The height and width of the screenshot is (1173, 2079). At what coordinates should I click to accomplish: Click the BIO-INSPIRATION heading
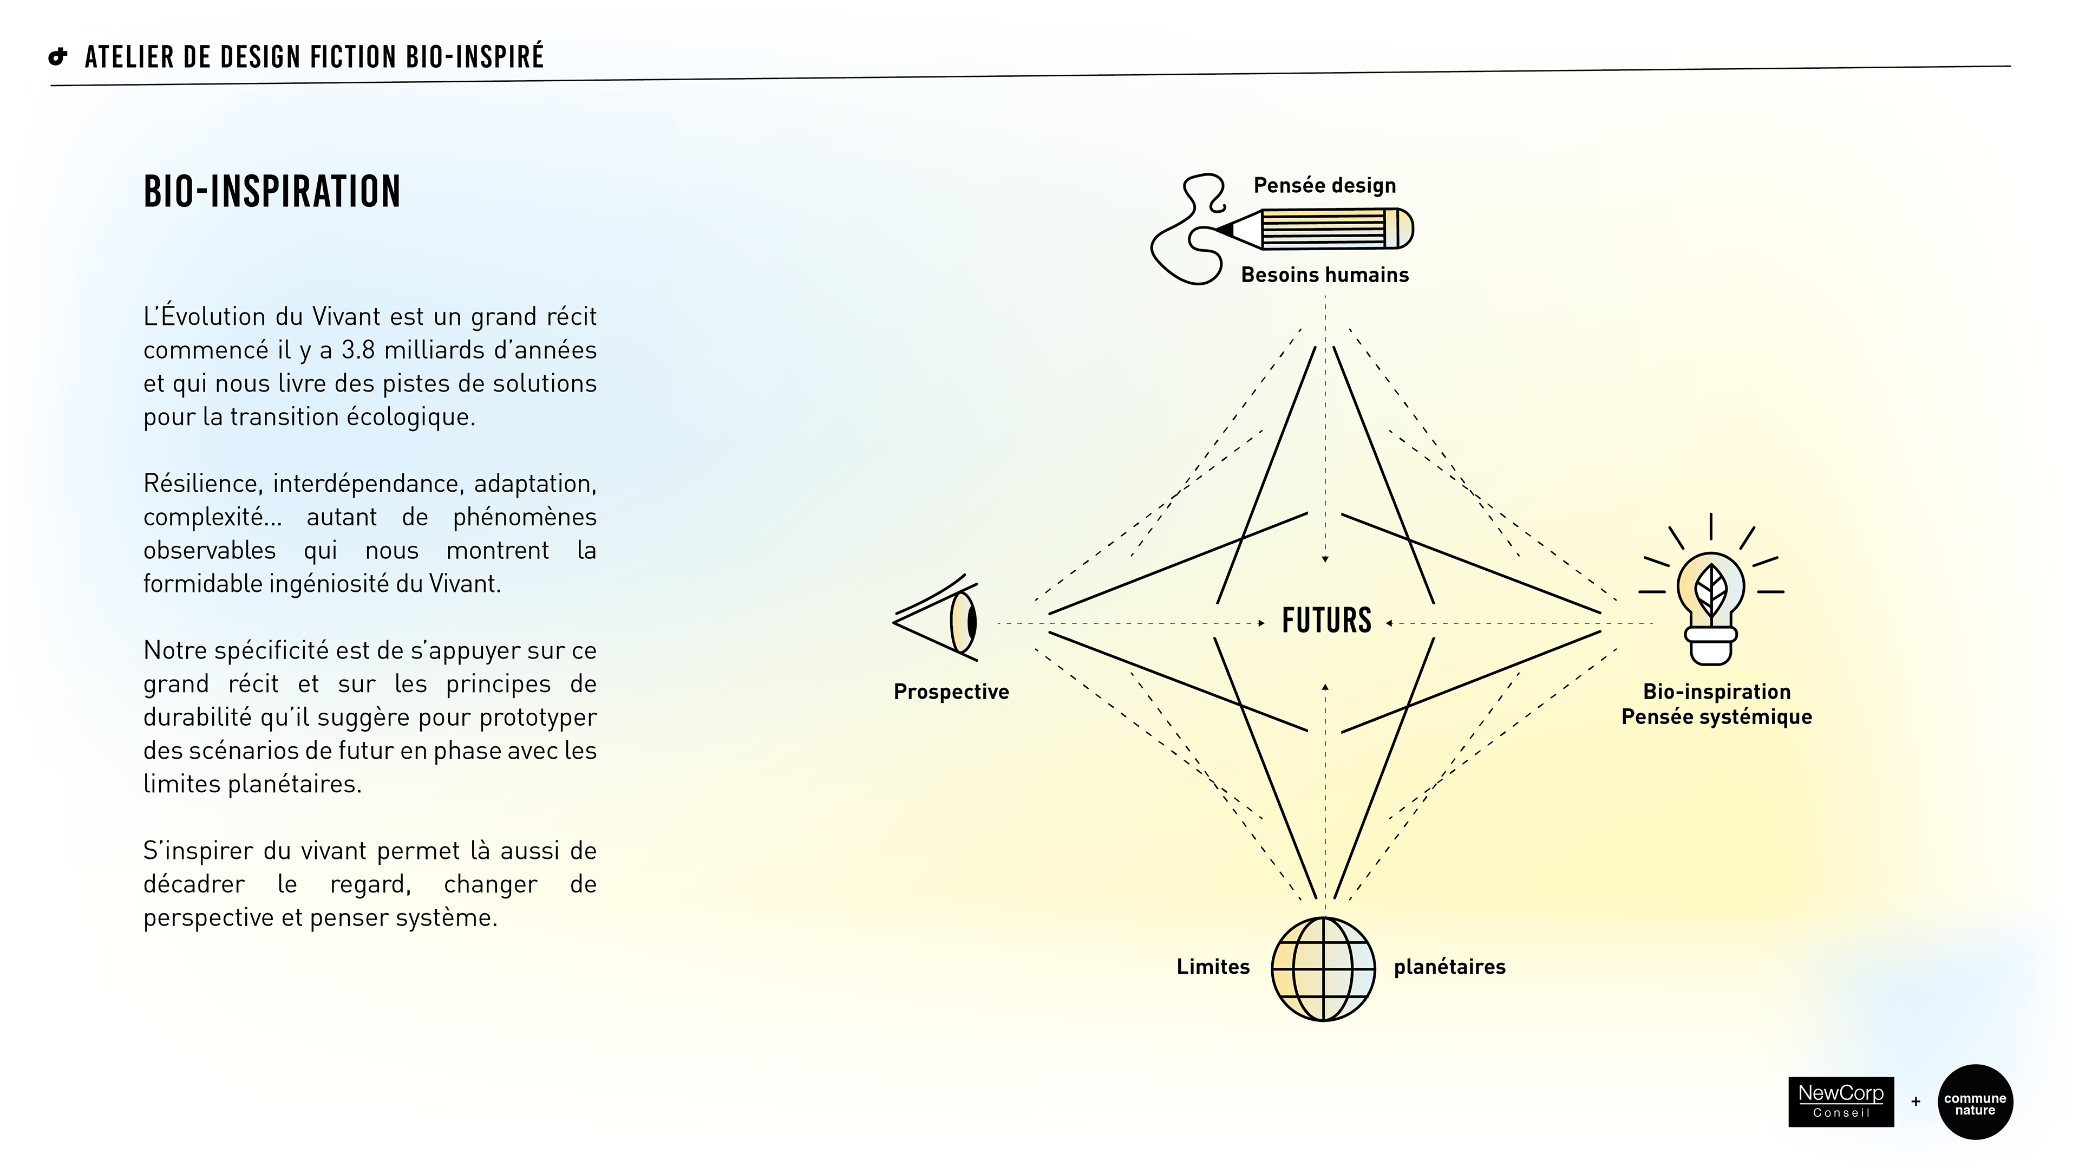[x=272, y=192]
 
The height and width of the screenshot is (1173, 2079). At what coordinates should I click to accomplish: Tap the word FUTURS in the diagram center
[x=1326, y=621]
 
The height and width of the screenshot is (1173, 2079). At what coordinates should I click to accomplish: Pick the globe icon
[x=1323, y=969]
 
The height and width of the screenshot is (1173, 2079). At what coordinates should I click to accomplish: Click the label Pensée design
[x=1324, y=186]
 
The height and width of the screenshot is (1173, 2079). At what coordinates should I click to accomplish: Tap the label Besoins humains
[x=1324, y=275]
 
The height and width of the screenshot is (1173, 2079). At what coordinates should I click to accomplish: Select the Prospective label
[x=951, y=692]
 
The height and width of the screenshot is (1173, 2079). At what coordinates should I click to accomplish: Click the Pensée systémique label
[x=1717, y=717]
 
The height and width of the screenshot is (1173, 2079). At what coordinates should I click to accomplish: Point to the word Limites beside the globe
[x=1212, y=967]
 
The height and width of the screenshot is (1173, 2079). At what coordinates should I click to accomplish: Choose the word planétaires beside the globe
[x=1449, y=967]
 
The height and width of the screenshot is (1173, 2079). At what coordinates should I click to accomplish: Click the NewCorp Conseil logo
[x=1840, y=1101]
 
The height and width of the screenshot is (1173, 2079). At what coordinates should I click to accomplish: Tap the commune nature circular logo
[x=1975, y=1103]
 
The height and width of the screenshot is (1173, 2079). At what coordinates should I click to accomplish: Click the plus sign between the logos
[x=1915, y=1102]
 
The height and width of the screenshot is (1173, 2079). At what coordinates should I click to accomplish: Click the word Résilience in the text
[x=202, y=484]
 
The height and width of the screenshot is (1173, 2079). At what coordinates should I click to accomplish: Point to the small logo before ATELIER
[x=58, y=56]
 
